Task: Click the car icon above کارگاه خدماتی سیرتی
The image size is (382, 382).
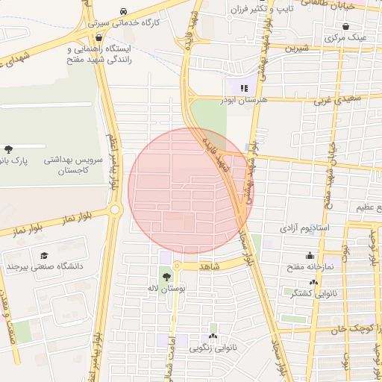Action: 122,13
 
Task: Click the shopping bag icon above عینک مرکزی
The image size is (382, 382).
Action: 345,26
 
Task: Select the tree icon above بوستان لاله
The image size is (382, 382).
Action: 166,277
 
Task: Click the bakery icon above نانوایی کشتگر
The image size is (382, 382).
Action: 313,283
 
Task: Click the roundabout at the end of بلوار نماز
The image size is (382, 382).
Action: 115,210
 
